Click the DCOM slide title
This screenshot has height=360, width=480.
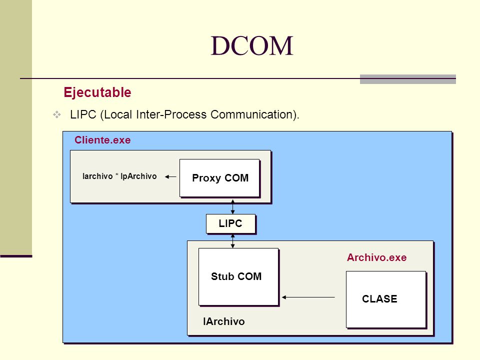coord(252,46)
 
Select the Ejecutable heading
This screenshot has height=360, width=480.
coord(97,92)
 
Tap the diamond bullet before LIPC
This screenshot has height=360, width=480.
coord(57,115)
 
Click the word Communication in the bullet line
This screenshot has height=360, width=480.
coord(251,114)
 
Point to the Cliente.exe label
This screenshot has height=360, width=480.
coord(102,140)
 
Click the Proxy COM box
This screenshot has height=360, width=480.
coord(219,178)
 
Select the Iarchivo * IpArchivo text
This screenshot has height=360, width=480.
coord(119,176)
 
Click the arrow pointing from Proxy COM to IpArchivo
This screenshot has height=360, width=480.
coord(170,176)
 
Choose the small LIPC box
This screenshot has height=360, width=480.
coord(230,223)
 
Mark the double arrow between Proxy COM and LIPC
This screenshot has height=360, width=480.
coord(232,206)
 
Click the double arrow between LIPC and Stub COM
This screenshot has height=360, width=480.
coord(232,241)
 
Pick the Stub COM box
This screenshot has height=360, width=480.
coord(238,276)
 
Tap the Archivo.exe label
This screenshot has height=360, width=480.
coord(376,257)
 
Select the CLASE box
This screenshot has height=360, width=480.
coord(385,299)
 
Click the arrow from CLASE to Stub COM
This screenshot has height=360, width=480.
coord(308,297)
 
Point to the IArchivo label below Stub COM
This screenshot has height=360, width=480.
coord(224,321)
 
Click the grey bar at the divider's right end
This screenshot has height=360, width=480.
coord(408,79)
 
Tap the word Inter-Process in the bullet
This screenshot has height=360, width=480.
coord(171,114)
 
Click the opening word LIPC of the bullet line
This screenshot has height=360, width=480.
coord(83,114)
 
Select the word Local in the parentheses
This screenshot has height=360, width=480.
coord(118,114)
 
